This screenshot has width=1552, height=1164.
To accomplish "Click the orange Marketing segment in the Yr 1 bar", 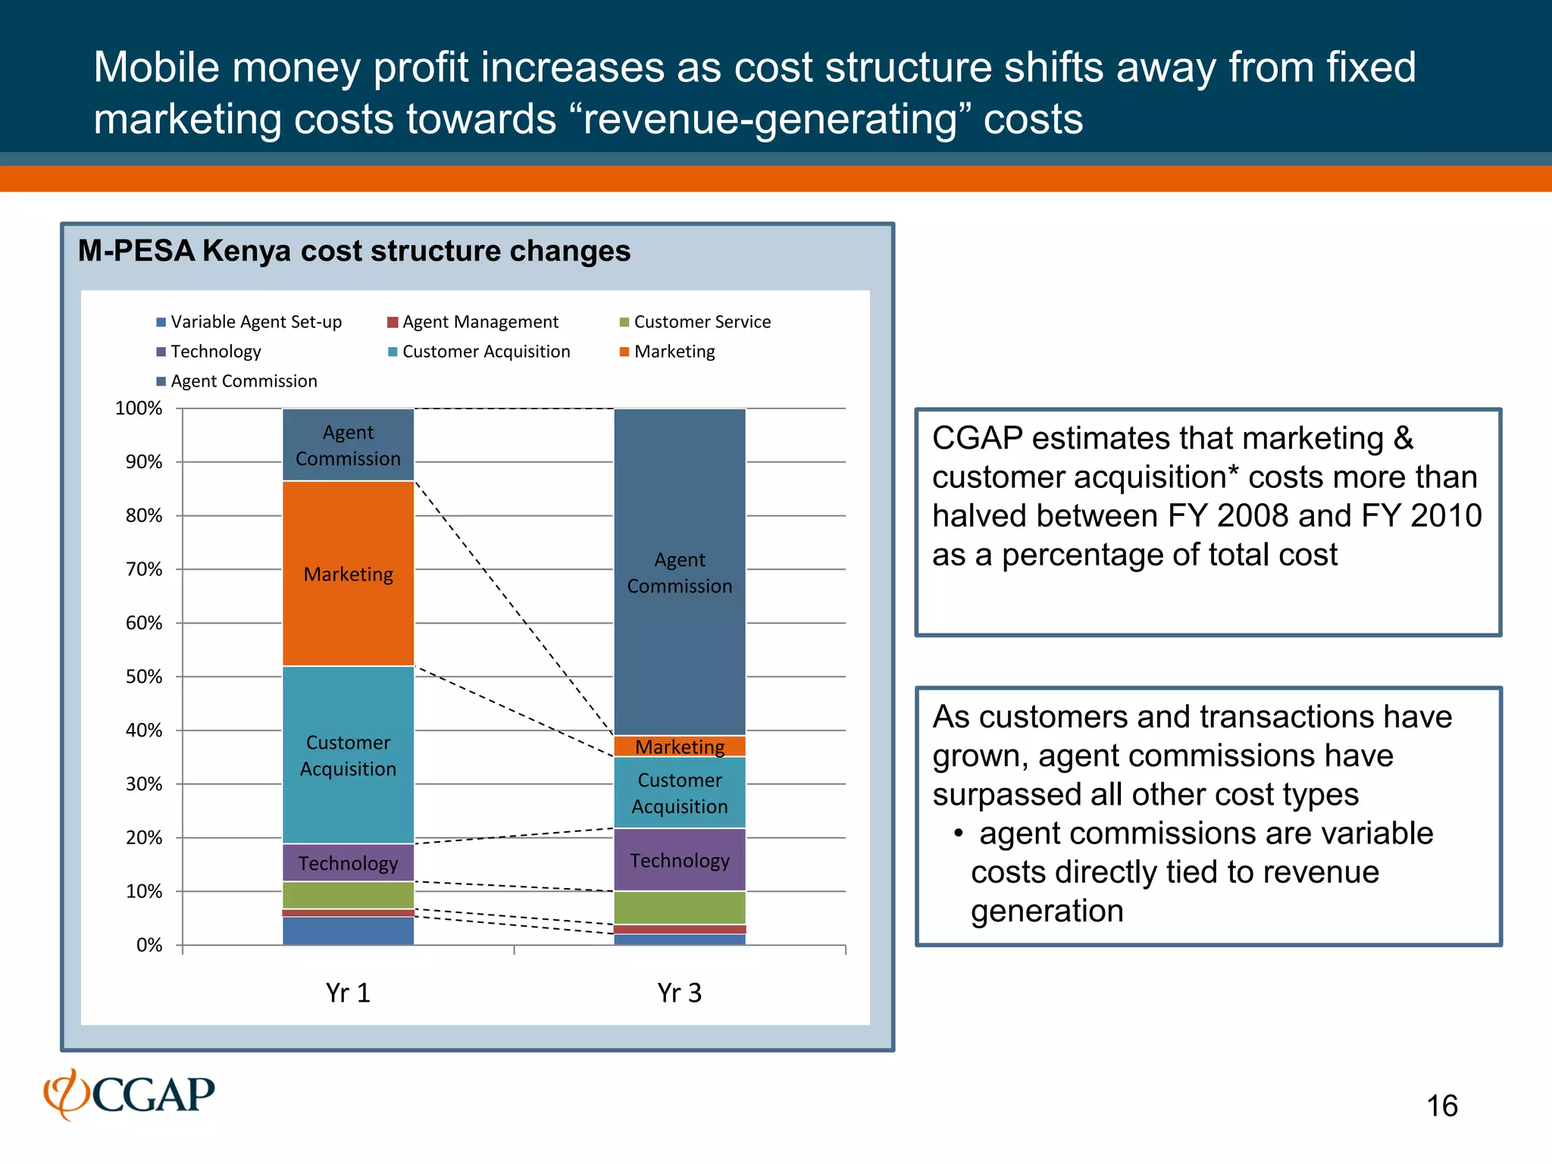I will (348, 574).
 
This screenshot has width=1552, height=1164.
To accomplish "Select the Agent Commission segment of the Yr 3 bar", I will (679, 572).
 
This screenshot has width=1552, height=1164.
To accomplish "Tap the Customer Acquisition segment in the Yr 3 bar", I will (679, 793).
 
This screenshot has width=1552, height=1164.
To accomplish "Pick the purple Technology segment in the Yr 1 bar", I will (348, 863).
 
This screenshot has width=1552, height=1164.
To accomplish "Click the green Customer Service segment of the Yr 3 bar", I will (679, 908).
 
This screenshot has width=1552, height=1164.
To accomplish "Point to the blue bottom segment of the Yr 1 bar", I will (348, 931).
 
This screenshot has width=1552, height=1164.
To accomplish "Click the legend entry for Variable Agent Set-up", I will (250, 322).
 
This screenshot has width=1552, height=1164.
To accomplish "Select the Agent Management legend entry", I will (474, 322).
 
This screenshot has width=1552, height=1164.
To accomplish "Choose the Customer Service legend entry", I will (696, 322).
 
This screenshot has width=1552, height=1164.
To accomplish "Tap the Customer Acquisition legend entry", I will (480, 352).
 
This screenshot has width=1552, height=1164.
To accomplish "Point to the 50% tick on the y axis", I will (144, 677).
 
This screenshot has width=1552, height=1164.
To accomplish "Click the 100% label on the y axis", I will (139, 408).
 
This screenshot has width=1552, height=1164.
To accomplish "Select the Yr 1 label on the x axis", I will (348, 993).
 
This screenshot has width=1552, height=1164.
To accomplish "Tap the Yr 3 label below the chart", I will (679, 993).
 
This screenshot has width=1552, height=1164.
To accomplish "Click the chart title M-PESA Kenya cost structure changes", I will (354, 251).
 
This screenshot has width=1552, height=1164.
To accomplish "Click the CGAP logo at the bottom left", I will (130, 1094).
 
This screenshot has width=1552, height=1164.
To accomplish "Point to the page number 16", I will (1441, 1106).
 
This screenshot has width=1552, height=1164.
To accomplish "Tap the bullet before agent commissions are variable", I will (958, 834).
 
